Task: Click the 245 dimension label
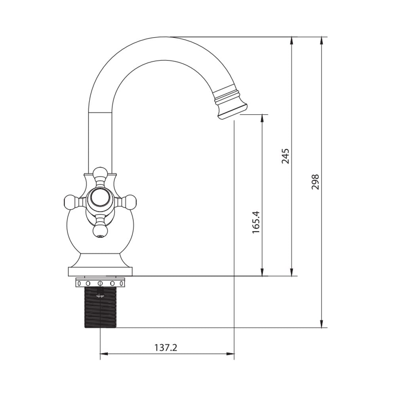286,156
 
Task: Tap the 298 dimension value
315,182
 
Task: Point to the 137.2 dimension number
166,348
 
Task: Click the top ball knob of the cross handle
100,172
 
